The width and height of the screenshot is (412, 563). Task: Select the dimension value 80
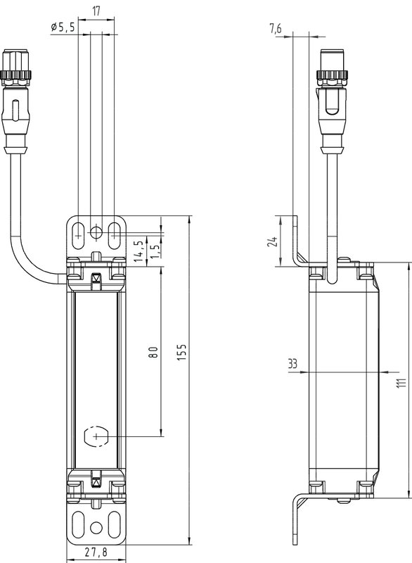pos(154,353)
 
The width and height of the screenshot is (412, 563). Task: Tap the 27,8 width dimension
pos(95,552)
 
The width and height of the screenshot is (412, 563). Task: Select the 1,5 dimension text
pos(154,251)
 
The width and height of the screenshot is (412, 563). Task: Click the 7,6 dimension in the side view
pos(276,29)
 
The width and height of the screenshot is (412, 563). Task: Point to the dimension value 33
pos(292,364)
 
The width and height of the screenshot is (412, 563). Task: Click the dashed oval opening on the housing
pos(96,437)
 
